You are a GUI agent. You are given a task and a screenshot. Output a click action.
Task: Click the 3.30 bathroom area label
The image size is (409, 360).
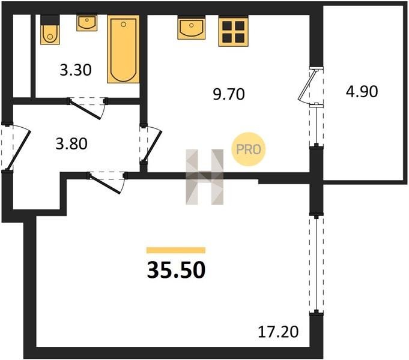(x=76, y=70)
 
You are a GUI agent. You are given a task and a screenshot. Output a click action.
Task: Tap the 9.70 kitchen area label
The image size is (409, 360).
(x=229, y=94)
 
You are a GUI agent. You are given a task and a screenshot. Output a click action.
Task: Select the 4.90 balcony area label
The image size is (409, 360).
(x=362, y=91)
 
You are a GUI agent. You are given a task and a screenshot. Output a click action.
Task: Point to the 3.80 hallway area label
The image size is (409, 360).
(x=71, y=144)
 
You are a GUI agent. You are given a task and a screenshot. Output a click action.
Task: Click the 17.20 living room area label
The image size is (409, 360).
(x=278, y=332)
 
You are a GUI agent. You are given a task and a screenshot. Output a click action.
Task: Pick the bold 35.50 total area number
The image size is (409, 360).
(x=176, y=270)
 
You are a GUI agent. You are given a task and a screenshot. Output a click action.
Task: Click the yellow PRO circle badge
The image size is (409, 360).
(x=248, y=149)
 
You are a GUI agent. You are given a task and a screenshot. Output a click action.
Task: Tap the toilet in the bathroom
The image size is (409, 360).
(x=50, y=30)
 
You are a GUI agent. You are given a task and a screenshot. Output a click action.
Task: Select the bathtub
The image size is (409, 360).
(x=123, y=49)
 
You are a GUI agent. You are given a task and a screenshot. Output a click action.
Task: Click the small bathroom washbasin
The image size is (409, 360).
(x=87, y=23)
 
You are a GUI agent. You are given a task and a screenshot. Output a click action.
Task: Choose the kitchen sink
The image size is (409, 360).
(x=192, y=28)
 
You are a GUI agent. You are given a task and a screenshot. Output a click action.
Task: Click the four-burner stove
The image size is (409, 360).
(x=233, y=31)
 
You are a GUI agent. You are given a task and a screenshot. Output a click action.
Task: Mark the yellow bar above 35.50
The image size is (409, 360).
(x=176, y=250)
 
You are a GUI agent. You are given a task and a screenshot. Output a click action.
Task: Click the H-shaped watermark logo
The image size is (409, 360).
(x=204, y=177)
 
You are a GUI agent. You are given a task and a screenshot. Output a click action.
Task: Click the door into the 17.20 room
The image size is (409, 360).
(x=105, y=183)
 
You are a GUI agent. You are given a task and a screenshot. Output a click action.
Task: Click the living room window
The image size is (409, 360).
(x=317, y=264)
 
